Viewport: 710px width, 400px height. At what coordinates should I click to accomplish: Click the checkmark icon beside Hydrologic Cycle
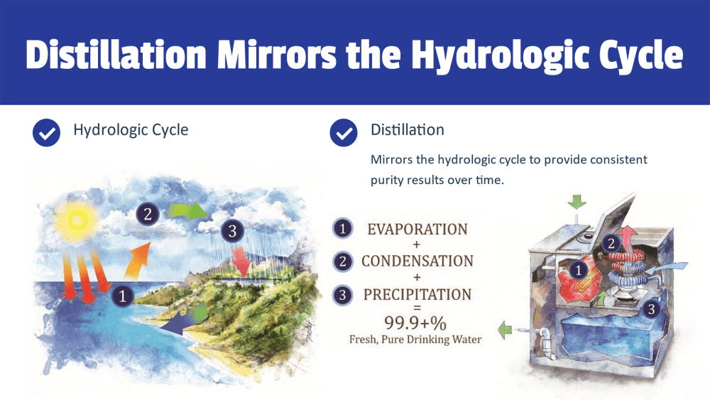pos(46,132)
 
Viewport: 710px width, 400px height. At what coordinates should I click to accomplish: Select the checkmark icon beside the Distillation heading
pos(344,132)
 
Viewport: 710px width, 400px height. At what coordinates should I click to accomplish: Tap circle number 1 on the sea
pos(124,296)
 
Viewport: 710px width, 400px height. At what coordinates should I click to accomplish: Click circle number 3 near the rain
pos(231,230)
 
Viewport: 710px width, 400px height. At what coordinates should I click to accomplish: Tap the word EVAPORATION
pos(417,229)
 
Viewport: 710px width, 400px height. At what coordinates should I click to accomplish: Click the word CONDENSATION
pos(417,261)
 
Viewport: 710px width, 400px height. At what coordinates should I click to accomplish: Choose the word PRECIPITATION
pos(417,293)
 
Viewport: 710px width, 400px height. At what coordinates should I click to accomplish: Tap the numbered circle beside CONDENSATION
pos(344,261)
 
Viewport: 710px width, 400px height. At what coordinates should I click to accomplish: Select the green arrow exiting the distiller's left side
pos(505,329)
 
